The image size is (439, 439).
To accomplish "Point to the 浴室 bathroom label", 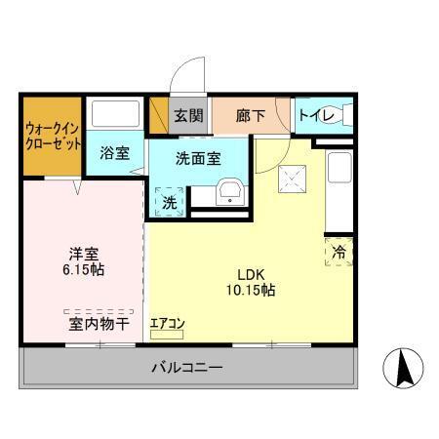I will pyautogui.click(x=115, y=152).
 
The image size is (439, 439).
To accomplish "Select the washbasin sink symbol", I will pyautogui.click(x=230, y=190).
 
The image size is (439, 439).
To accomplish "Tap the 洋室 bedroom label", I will pyautogui.click(x=83, y=251).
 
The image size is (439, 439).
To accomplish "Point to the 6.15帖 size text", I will pyautogui.click(x=83, y=269).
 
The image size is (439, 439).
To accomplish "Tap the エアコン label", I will pyautogui.click(x=167, y=323).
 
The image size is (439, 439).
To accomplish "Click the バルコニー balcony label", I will pyautogui.click(x=186, y=367).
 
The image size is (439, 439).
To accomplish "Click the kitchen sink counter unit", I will pyautogui.click(x=339, y=185).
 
